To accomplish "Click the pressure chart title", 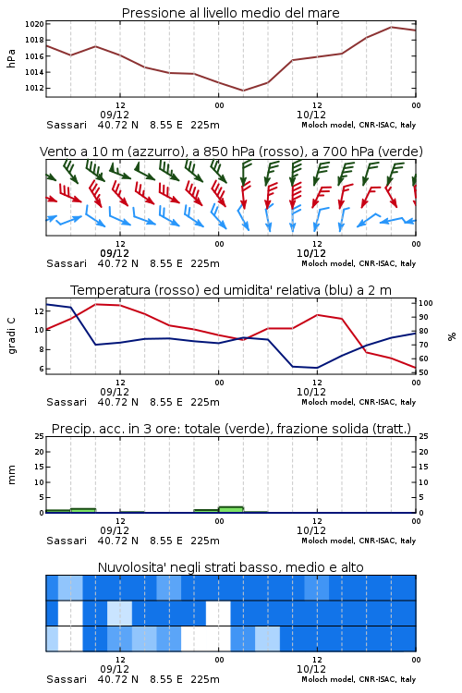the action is (230, 13).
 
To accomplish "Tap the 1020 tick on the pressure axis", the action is (34, 24).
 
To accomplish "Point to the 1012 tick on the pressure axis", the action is (34, 88).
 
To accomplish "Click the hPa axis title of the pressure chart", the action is (11, 58).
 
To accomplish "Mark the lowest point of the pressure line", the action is (243, 91).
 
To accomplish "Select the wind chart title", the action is (231, 152).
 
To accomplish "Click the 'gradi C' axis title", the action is (11, 335).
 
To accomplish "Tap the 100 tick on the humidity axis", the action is (425, 303).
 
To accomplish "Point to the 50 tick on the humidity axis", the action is (423, 372).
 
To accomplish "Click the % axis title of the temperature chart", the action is (452, 336).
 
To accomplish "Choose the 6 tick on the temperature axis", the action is (41, 369).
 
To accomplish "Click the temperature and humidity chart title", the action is (231, 290).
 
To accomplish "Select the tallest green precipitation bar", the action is (231, 509).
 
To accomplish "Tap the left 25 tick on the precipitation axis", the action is (40, 436).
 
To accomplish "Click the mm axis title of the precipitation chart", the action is (11, 475).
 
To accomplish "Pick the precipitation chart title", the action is (231, 429).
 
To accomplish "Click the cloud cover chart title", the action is (230, 567).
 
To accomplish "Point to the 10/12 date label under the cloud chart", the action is (311, 669).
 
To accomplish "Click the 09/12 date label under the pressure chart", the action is (115, 115).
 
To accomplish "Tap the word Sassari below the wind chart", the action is (67, 263).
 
